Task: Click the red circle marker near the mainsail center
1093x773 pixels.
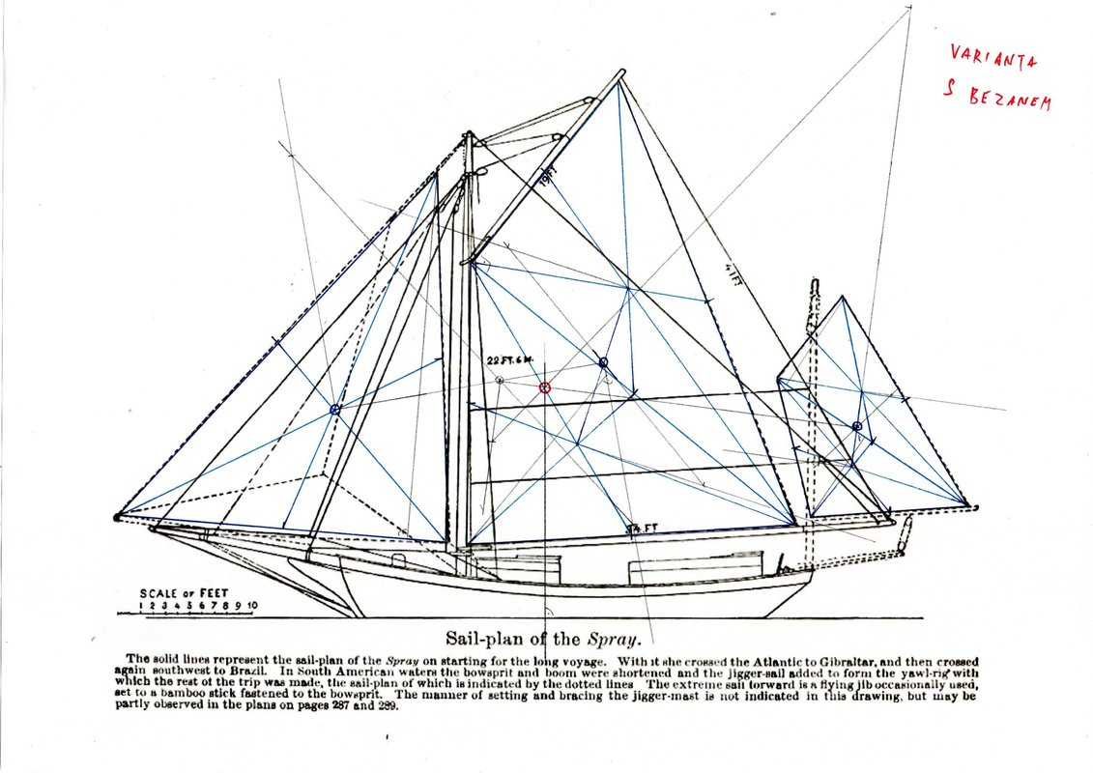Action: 544,387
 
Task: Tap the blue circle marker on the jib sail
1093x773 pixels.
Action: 335,410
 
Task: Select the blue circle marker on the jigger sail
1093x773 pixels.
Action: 857,426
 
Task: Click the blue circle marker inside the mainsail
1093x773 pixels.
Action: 603,362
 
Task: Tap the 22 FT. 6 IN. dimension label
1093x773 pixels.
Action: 510,359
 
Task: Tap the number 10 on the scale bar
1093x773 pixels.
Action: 251,607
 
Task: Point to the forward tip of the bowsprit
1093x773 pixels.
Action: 118,518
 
